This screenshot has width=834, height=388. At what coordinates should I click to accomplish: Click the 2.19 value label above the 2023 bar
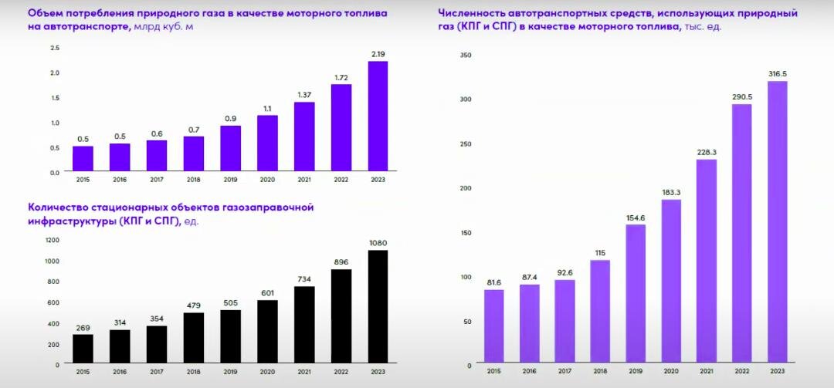pyautogui.click(x=378, y=54)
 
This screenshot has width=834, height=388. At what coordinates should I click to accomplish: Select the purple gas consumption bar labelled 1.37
pyautogui.click(x=304, y=136)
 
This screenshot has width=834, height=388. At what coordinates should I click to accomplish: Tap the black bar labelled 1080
pyautogui.click(x=378, y=306)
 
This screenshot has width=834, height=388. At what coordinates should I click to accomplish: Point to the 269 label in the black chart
pyautogui.click(x=83, y=328)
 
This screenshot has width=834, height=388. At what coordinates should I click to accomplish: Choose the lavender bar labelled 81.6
pyautogui.click(x=494, y=326)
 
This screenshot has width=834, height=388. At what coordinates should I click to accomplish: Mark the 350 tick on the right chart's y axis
pyautogui.click(x=465, y=55)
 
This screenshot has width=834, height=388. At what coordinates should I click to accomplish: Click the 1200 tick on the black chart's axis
pyautogui.click(x=52, y=240)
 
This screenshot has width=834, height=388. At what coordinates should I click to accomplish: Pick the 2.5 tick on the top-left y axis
pyautogui.click(x=54, y=49)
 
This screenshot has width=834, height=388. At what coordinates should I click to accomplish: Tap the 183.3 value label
pyautogui.click(x=671, y=192)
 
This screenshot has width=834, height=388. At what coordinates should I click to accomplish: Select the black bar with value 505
pyautogui.click(x=231, y=336)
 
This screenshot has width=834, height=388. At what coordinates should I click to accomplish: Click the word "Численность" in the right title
pyautogui.click(x=471, y=13)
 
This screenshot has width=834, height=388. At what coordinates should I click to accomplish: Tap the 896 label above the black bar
pyautogui.click(x=341, y=261)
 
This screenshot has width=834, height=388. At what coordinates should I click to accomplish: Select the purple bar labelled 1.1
pyautogui.click(x=267, y=143)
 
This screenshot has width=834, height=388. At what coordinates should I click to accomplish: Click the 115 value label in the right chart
pyautogui.click(x=601, y=252)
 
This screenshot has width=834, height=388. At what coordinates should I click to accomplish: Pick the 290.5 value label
pyautogui.click(x=741, y=96)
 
